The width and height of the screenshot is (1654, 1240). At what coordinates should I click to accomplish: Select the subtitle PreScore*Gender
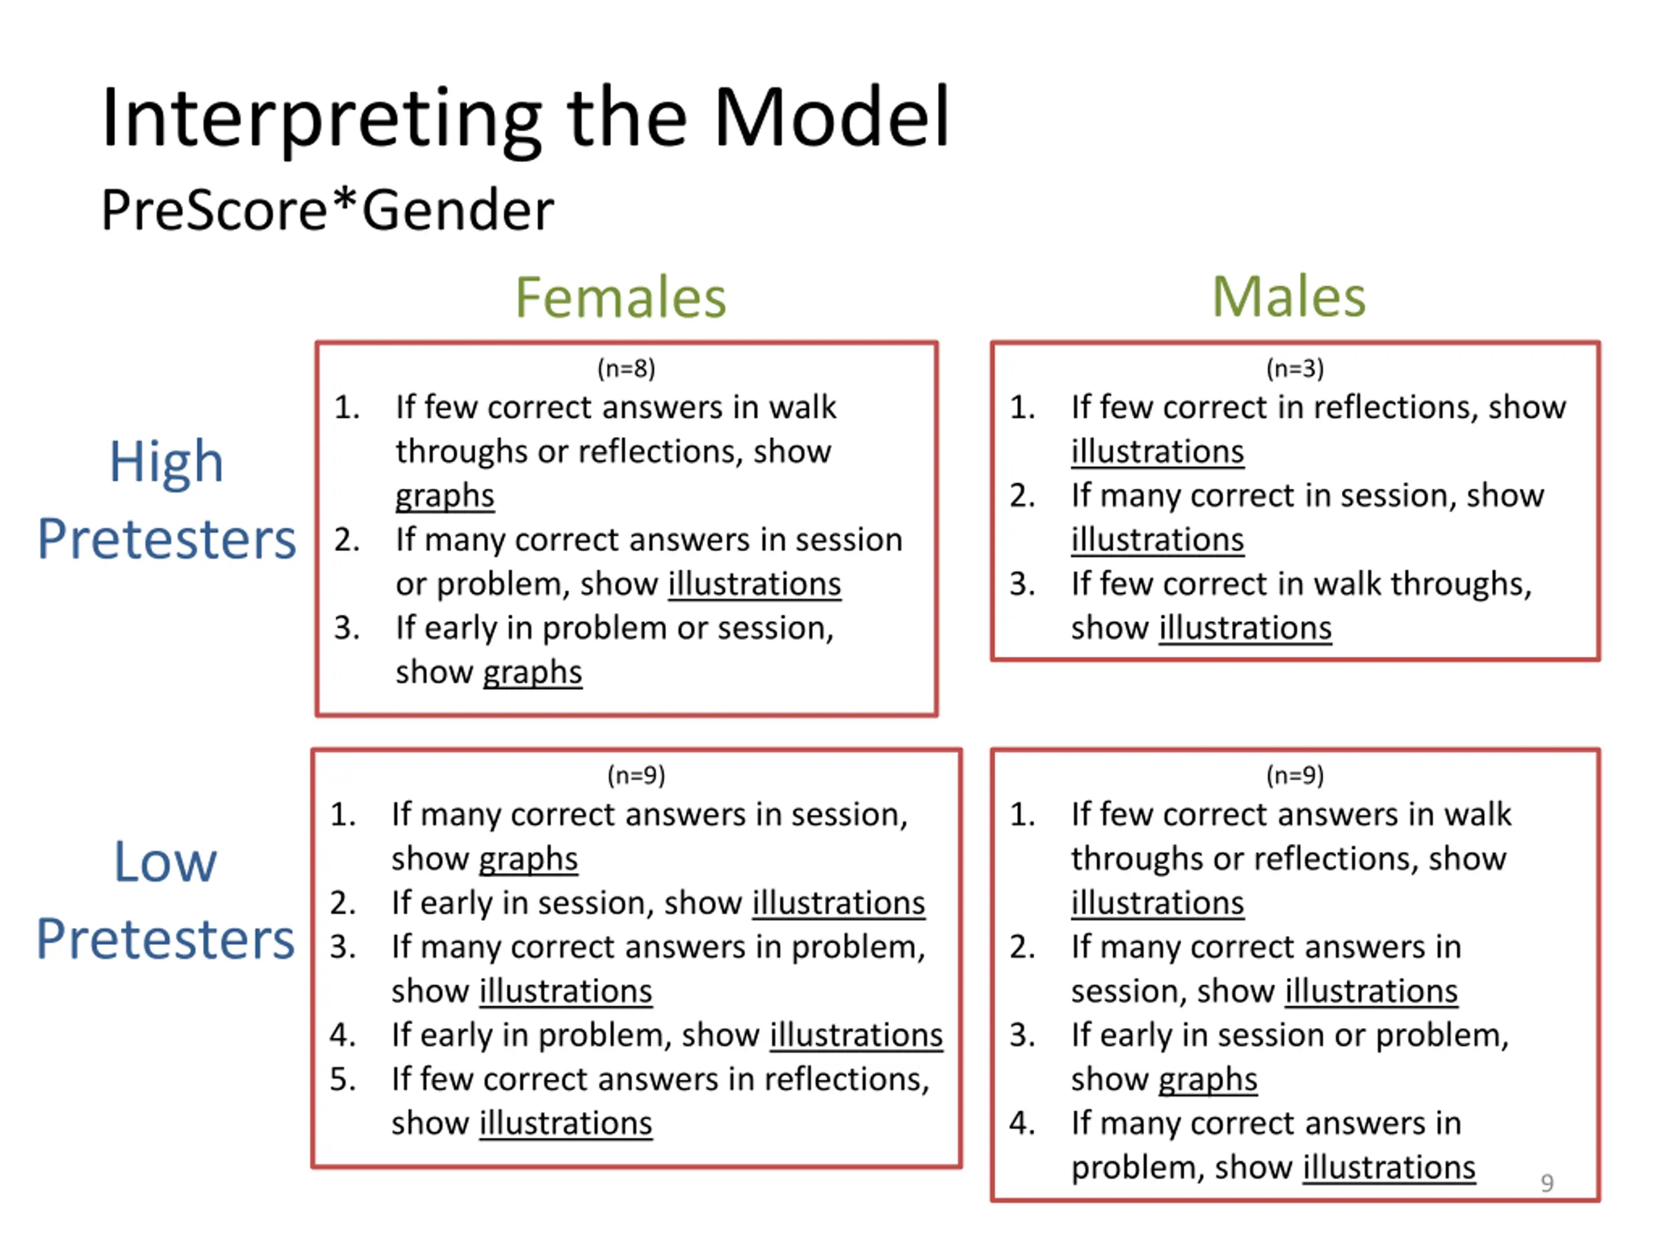pos(328,211)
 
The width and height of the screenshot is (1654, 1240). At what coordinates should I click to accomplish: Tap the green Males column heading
pos(1288,298)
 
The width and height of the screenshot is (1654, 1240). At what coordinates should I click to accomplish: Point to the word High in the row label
pos(166,462)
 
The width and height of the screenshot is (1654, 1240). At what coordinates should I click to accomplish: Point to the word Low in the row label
pos(165,862)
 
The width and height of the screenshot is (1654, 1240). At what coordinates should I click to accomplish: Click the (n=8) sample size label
pos(626,369)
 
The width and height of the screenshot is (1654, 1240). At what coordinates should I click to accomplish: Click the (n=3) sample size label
pos(1294,369)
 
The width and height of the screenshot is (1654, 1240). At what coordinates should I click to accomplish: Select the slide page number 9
pos(1547,1183)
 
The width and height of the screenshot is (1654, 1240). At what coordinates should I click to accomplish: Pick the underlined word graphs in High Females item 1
pos(445,496)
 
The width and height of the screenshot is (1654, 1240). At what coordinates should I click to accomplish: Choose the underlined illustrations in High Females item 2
pos(755,584)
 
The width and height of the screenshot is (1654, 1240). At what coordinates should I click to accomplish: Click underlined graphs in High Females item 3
pos(532,672)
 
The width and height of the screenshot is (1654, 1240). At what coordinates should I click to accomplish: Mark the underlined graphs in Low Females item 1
pos(528,859)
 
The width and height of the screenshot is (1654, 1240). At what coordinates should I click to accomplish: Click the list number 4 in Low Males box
pos(1021,1123)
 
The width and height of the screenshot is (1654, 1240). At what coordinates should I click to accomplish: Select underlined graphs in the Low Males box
pos(1208,1079)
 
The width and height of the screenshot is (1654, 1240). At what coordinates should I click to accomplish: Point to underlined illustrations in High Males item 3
pos(1245,628)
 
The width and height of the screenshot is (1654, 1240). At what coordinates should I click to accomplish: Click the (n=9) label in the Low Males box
pos(1294,775)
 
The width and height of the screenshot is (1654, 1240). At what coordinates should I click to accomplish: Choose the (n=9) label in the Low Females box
pos(636,775)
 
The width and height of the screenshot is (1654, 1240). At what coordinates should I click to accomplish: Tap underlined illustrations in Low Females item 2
pos(838,903)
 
